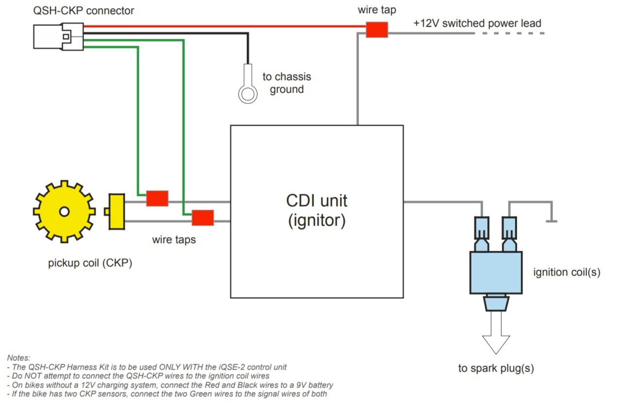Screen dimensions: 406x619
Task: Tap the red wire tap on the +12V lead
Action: (x=376, y=30)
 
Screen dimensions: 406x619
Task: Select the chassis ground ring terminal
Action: (x=247, y=93)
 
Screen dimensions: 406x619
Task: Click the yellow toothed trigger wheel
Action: (x=64, y=211)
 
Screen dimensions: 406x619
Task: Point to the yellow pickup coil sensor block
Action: (x=116, y=211)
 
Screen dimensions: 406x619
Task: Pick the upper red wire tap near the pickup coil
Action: (x=157, y=198)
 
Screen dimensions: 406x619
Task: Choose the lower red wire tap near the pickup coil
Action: (x=203, y=218)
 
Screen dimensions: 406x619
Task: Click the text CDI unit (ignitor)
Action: (x=317, y=211)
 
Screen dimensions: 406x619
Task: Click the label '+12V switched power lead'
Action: (x=477, y=23)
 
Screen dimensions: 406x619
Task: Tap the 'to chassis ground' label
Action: (x=287, y=83)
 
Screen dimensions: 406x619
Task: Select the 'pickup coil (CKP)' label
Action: (x=90, y=263)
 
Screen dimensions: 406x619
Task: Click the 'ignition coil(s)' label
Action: (x=567, y=272)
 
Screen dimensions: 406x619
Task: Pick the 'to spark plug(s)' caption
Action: (x=496, y=369)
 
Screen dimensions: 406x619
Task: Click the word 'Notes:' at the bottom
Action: (x=18, y=358)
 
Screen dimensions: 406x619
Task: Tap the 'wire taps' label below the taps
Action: (x=174, y=239)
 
